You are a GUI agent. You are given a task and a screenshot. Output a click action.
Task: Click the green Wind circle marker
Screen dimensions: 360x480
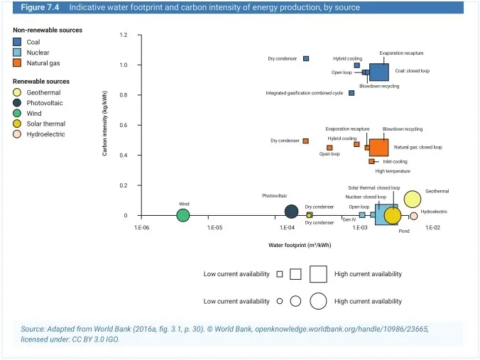183,215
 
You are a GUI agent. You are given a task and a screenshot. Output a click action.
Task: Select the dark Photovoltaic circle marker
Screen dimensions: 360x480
291,212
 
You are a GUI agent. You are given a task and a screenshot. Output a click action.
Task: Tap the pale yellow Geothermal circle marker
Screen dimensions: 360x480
412,200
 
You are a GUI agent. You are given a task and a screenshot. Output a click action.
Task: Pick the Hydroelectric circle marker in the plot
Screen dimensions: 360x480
413,216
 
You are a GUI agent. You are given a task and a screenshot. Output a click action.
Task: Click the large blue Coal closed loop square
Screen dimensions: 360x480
378,72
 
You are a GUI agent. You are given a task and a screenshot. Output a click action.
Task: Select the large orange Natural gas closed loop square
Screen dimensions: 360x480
378,147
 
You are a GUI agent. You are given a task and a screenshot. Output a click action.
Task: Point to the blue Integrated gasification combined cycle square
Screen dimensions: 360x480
351,93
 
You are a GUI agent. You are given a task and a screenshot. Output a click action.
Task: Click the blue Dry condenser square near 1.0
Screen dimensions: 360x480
306,58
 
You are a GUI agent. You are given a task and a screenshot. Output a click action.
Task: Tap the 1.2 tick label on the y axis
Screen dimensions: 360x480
124,35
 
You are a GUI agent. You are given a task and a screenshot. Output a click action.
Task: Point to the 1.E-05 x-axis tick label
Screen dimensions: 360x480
214,227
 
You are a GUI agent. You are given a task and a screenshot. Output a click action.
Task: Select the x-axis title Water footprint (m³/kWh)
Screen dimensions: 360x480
300,246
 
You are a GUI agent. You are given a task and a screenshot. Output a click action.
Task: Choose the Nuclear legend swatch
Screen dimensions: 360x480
17,53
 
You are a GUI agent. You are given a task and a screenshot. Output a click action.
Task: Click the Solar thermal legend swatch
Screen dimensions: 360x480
17,124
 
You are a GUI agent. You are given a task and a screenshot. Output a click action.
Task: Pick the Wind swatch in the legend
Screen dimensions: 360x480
17,113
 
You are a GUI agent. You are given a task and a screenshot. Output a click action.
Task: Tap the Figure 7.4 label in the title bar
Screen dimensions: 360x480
39,7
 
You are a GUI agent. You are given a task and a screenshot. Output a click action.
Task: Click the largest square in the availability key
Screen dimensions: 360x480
317,273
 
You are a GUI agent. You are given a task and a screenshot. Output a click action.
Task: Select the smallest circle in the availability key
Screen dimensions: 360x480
280,301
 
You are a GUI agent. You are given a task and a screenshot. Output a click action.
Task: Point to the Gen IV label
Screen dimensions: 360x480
349,220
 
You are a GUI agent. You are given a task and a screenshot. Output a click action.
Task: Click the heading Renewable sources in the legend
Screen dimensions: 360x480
41,82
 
